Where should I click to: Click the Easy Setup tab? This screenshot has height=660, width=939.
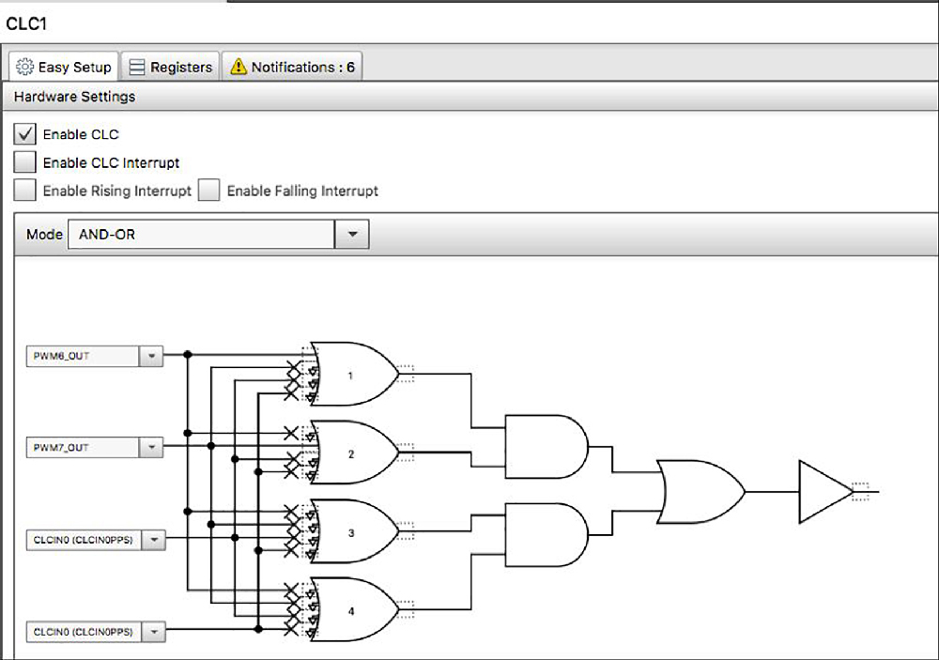click(x=64, y=67)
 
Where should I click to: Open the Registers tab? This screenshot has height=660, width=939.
click(x=171, y=67)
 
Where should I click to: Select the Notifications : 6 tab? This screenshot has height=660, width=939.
click(x=293, y=67)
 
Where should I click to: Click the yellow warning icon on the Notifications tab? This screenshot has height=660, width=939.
click(x=239, y=66)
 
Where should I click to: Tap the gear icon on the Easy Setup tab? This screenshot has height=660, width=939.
click(x=24, y=67)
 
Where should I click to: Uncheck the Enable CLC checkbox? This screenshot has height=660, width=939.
click(x=24, y=134)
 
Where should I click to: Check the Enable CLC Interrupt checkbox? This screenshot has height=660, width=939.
click(x=24, y=162)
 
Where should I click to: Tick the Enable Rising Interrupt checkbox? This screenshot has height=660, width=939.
click(x=24, y=191)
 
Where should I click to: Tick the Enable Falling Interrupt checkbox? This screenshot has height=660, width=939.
click(x=209, y=191)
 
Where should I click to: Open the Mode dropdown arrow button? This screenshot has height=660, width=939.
click(x=352, y=234)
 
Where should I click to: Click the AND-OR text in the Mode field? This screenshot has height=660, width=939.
click(x=107, y=234)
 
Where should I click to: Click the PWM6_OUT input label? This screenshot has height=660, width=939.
click(x=61, y=356)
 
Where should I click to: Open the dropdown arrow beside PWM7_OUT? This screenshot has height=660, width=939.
click(x=151, y=448)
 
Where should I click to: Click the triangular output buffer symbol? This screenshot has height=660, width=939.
click(x=825, y=492)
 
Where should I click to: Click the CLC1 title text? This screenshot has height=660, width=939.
click(x=26, y=24)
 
